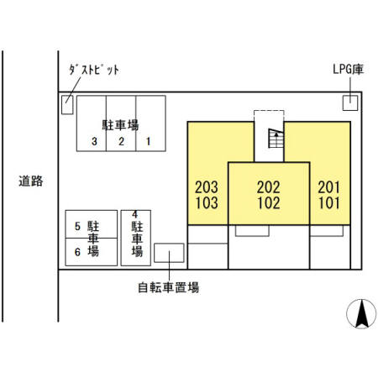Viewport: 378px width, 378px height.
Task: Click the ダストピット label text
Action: pos(93,71)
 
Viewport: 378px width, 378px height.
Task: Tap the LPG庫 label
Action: pos(347,71)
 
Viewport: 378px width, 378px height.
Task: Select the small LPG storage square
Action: pos(349,102)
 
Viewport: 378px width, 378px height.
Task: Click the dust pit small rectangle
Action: pos(67,104)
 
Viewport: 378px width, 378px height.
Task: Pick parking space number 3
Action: pos(95,141)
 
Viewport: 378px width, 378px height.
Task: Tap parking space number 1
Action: pos(149,141)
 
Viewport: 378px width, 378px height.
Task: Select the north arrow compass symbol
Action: pos(361,314)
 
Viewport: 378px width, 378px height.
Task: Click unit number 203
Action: pos(206,186)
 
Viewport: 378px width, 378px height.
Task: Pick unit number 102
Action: pos(269,202)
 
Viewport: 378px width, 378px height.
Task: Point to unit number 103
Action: pos(206,202)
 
